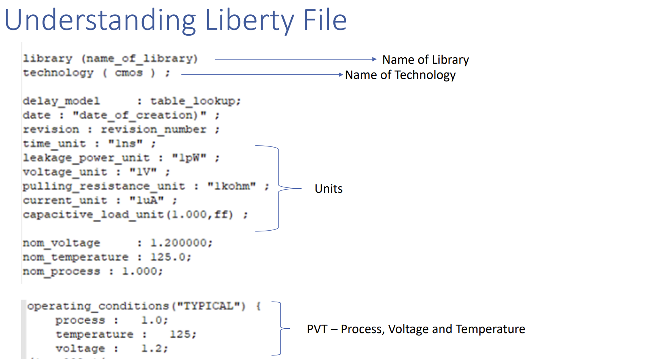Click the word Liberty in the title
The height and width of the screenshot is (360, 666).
coord(249,21)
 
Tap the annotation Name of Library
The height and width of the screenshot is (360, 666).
coord(425,60)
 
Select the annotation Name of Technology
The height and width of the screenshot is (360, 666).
coord(400,75)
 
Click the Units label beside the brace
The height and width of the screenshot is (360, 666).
coord(328,189)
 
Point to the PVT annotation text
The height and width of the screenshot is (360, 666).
coord(416,329)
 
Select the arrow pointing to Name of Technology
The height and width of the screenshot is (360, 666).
coord(262,75)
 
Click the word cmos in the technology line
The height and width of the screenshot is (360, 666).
coord(129,73)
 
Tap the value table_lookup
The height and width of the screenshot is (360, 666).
coord(195,101)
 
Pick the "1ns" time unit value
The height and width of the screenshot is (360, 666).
coord(126,144)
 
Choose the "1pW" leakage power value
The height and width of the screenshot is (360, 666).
coord(189,158)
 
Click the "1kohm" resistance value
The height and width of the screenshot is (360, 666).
coord(231,186)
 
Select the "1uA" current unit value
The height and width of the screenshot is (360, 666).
coord(146,200)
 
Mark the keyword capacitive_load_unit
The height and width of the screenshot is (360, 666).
coord(93,215)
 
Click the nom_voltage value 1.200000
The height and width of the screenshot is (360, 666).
coord(181,243)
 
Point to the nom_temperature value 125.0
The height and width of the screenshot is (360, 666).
coord(170,257)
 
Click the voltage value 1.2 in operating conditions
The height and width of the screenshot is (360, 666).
coord(154,348)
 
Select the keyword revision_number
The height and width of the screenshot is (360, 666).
coord(154,130)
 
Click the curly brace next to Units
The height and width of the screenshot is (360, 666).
coord(279,188)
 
